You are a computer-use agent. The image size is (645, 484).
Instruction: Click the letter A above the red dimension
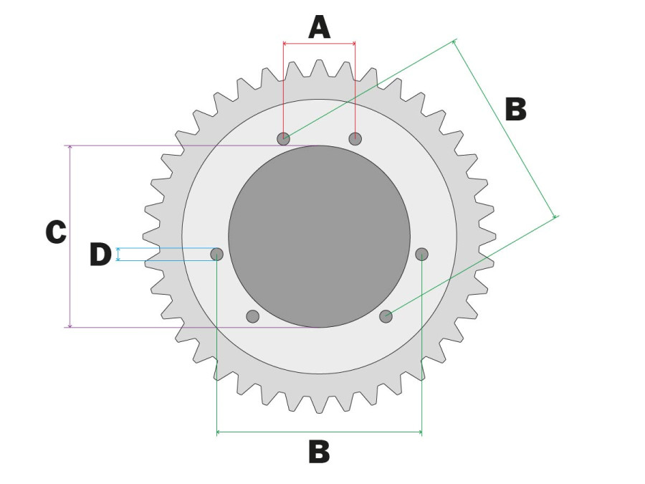[319, 27]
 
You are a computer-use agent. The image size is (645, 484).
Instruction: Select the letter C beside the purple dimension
[56, 232]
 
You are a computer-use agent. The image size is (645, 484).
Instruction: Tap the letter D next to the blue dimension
[100, 255]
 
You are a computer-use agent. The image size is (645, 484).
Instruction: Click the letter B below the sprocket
[319, 452]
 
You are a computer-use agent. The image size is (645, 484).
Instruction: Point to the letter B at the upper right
[516, 110]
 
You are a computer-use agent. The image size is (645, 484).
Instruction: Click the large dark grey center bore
[319, 236]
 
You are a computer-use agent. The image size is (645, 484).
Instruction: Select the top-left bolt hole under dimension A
[283, 138]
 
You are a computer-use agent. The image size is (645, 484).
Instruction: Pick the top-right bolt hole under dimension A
[355, 138]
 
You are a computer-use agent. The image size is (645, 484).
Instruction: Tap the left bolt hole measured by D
[216, 255]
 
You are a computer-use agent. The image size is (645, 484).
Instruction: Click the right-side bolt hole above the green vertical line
[421, 255]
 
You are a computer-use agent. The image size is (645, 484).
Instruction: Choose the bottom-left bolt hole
[252, 316]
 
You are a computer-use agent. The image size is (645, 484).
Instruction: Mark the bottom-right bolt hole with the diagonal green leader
[386, 316]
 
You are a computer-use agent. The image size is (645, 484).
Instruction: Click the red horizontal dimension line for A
[319, 43]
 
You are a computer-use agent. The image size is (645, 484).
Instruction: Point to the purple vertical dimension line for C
[70, 236]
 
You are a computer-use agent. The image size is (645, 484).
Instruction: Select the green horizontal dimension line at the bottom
[319, 432]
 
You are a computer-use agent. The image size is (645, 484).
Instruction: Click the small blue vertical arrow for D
[118, 255]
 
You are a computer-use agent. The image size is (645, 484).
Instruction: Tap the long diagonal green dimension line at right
[505, 128]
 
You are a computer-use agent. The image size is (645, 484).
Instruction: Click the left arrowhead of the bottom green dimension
[219, 432]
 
